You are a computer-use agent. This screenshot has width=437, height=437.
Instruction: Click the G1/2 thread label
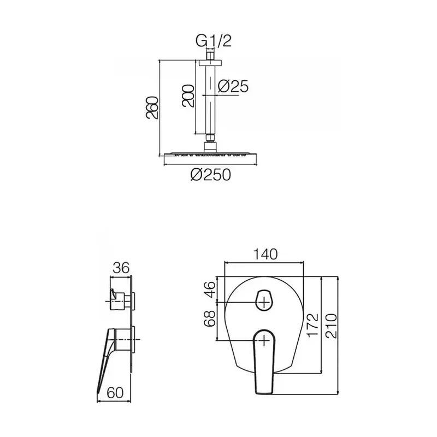(214, 41)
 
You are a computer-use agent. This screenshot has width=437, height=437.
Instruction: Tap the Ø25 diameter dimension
(233, 86)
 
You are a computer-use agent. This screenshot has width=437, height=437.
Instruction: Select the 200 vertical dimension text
(188, 96)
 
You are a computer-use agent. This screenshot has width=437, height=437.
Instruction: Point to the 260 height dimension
(152, 108)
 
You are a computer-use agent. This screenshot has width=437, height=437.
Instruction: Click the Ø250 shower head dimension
(211, 175)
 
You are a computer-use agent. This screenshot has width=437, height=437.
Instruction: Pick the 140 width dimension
(265, 254)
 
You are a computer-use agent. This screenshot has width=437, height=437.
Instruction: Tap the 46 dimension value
(210, 290)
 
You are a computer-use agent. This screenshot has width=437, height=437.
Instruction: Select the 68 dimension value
(210, 318)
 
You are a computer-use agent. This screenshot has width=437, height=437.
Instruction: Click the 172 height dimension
(312, 325)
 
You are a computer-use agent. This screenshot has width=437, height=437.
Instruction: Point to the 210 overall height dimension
(332, 326)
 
